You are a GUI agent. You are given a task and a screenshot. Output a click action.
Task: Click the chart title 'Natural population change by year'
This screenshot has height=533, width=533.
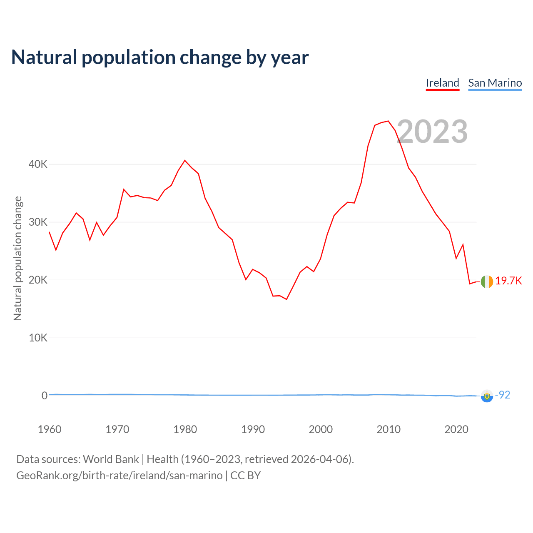tap(160, 57)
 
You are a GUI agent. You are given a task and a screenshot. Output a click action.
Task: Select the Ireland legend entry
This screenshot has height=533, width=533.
tap(442, 83)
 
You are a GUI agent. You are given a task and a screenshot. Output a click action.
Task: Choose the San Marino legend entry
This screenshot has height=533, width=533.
tap(495, 83)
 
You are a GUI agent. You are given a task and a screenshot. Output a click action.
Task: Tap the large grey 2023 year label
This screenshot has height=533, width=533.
tap(432, 132)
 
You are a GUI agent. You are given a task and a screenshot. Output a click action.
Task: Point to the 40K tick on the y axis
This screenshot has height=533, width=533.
tap(38, 164)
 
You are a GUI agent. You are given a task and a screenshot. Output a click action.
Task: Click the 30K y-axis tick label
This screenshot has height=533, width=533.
tap(38, 222)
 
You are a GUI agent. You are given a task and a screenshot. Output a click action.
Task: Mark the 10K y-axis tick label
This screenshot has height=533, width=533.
tap(38, 338)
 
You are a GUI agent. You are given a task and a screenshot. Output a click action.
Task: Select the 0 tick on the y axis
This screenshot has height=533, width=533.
tap(45, 396)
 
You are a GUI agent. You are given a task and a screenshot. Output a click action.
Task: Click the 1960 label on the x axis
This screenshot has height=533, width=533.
tap(50, 429)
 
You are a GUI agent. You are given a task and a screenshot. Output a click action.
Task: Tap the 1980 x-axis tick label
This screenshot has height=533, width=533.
tap(185, 429)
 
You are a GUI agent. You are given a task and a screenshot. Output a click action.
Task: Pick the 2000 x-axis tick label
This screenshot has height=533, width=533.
tap(321, 429)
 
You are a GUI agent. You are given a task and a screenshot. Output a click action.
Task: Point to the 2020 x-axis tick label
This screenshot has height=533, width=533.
tap(456, 429)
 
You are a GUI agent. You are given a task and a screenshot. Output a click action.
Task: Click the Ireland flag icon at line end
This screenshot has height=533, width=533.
tap(487, 281)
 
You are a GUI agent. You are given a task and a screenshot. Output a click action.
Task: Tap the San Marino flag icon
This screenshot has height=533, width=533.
tap(487, 396)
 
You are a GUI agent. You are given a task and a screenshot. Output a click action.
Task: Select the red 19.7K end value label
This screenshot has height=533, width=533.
tap(508, 281)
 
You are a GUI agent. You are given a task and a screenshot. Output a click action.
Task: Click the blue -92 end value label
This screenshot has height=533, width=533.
tap(503, 395)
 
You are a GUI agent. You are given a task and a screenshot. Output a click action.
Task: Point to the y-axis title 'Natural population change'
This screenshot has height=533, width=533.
tap(17, 258)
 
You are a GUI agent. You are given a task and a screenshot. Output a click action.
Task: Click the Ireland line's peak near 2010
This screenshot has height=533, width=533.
tap(388, 121)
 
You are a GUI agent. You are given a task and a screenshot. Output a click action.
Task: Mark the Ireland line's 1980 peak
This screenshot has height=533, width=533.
tap(185, 160)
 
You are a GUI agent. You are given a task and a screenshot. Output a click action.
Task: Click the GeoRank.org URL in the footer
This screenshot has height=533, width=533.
tap(119, 476)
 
